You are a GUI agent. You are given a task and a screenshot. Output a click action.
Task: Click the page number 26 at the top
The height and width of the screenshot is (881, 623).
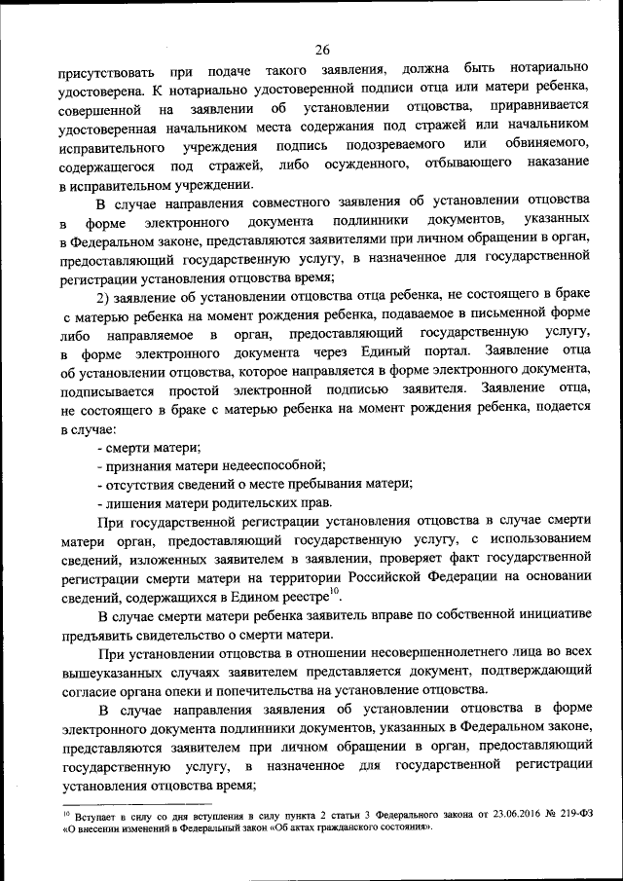click(x=323, y=51)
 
